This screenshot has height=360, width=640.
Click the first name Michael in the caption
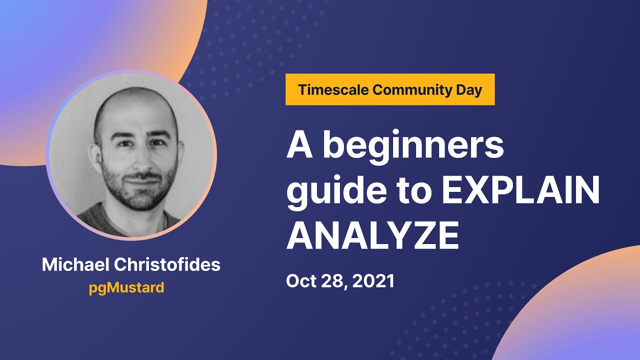click(x=75, y=264)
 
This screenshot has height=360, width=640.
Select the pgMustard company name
click(x=126, y=288)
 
